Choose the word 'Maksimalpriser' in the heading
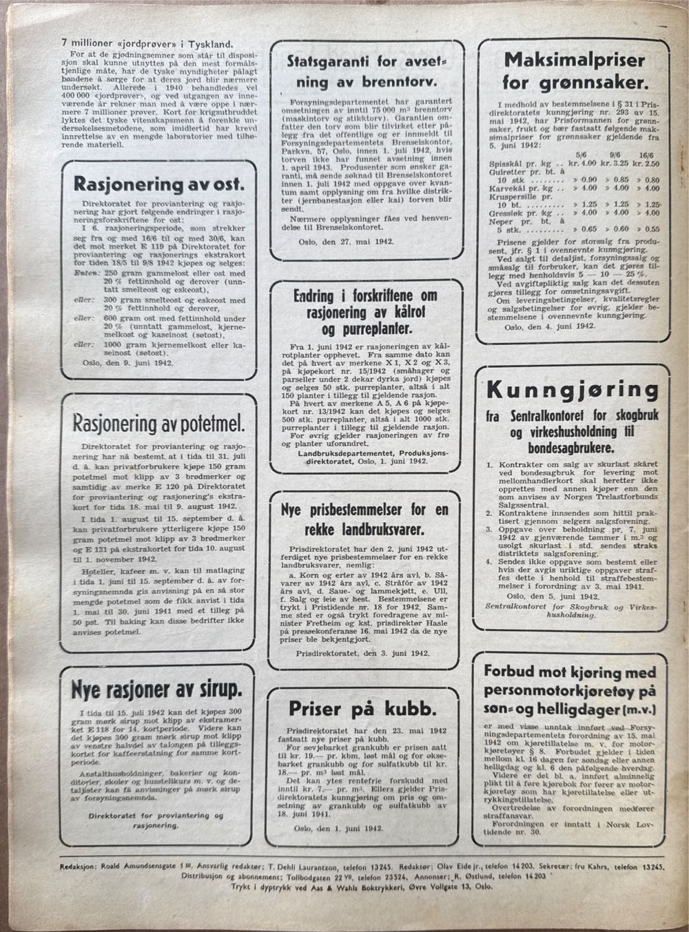pyautogui.click(x=574, y=59)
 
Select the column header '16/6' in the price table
pyautogui.click(x=646, y=156)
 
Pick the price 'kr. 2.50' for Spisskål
pyautogui.click(x=646, y=165)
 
